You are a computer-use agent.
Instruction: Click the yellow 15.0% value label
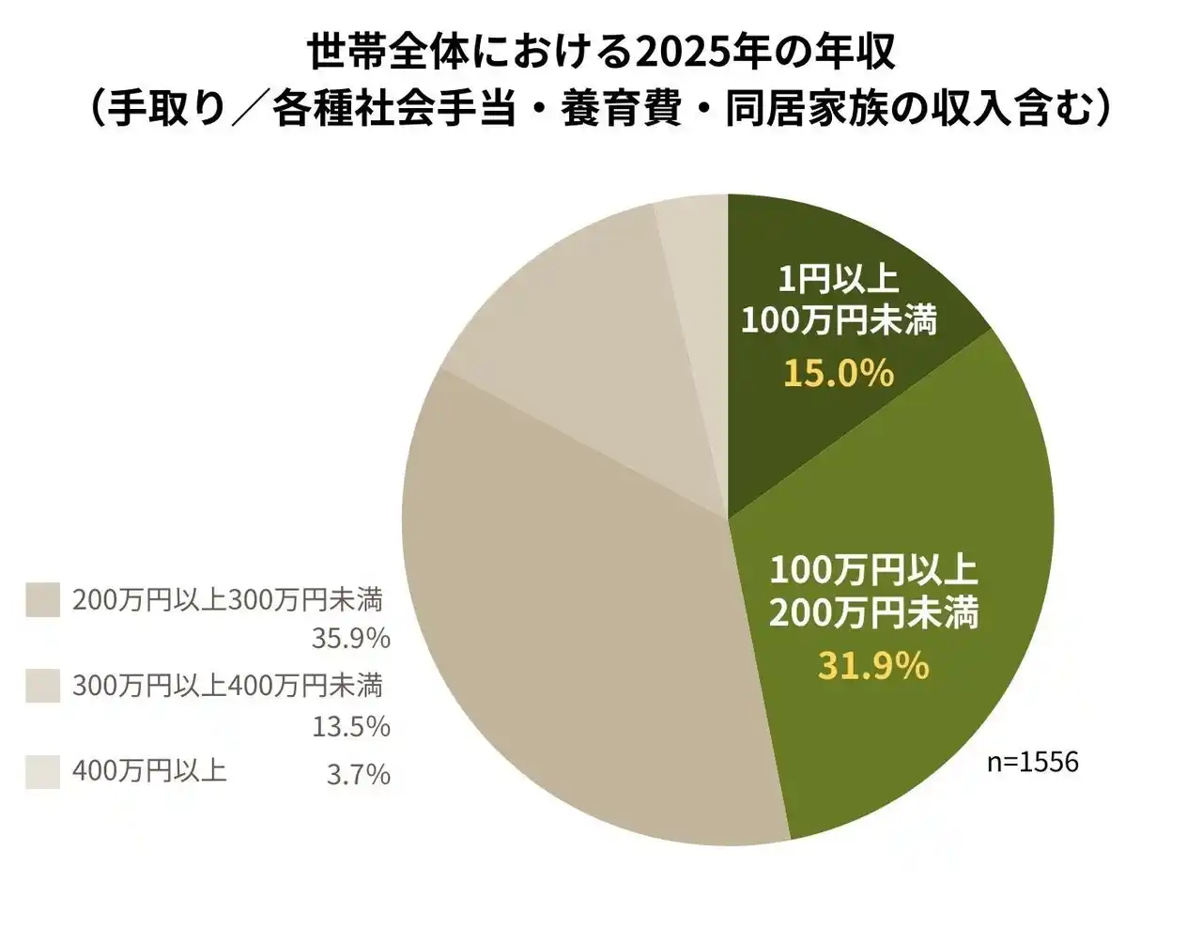[x=839, y=374]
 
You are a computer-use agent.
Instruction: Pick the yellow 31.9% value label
[x=873, y=666]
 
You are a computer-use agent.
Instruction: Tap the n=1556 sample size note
[x=1032, y=762]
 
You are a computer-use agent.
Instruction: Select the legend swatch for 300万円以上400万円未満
[x=42, y=686]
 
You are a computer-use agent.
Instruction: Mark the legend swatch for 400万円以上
[x=42, y=772]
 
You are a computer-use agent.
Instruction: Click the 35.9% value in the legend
[x=350, y=639]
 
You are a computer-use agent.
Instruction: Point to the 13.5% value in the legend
[x=350, y=726]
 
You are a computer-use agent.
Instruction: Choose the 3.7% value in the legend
[x=358, y=775]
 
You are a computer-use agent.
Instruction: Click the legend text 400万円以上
[x=149, y=772]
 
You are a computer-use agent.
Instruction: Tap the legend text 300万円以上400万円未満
[x=227, y=686]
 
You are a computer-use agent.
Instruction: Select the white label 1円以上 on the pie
[x=838, y=280]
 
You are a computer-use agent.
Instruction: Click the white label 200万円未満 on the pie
[x=873, y=613]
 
